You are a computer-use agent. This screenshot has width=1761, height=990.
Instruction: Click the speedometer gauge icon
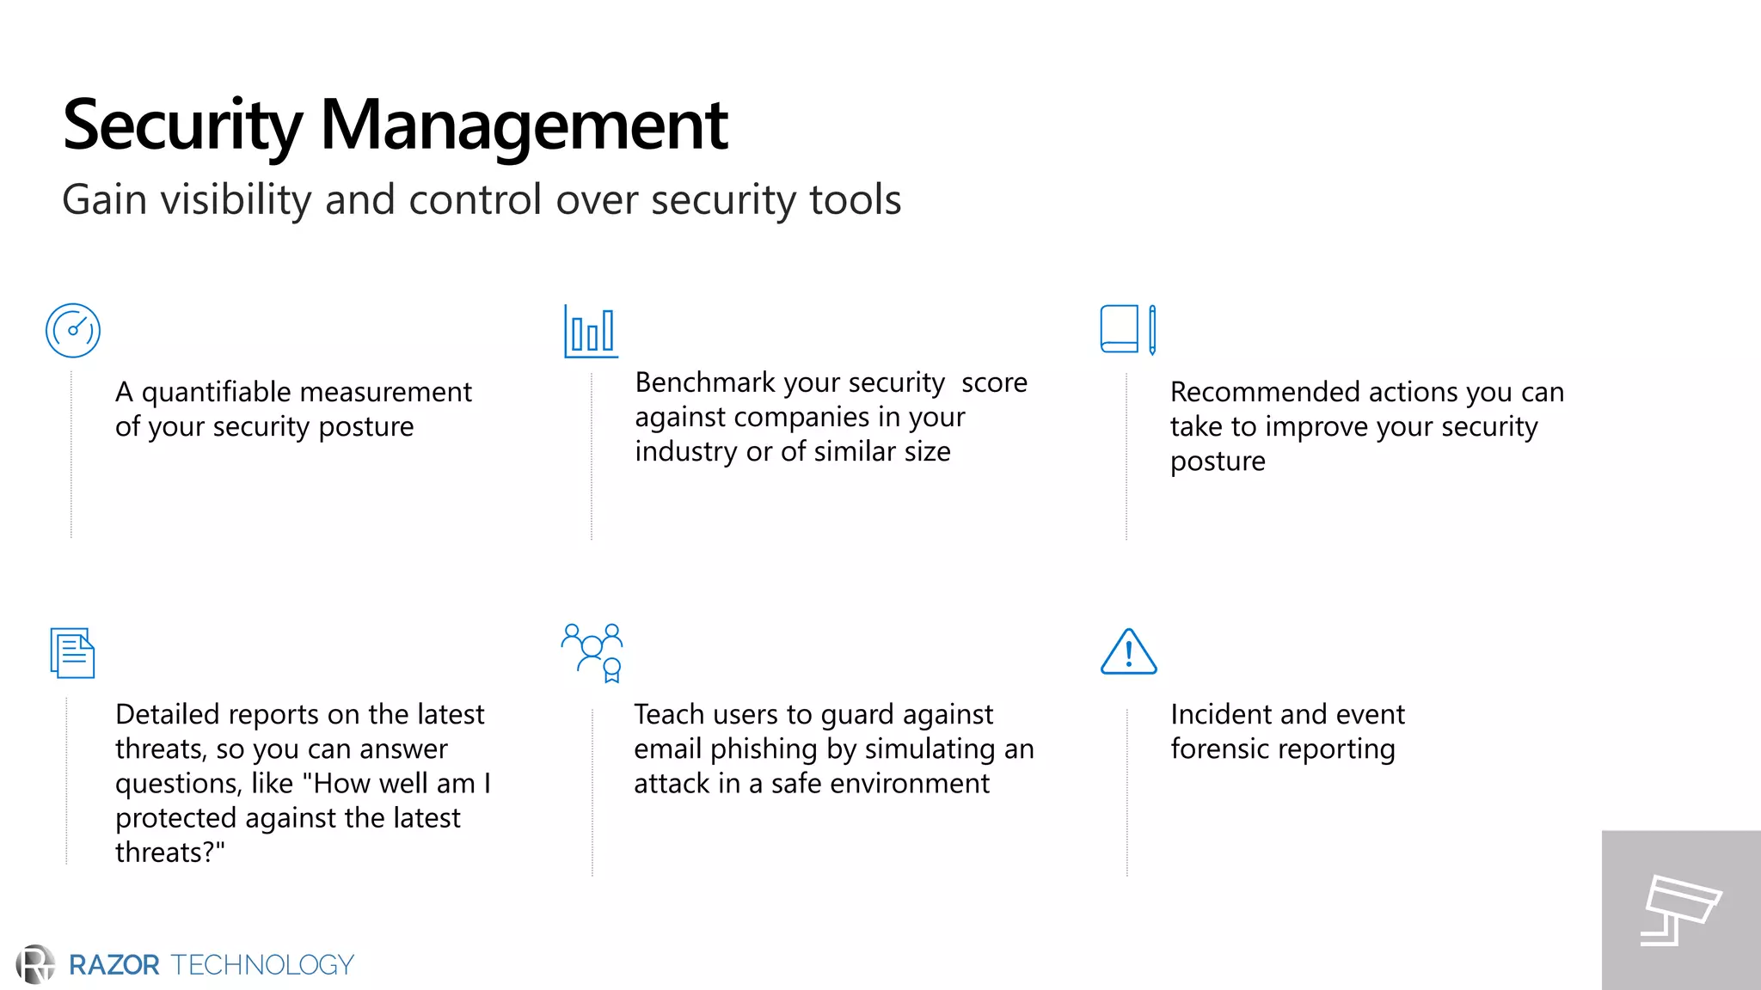click(x=73, y=330)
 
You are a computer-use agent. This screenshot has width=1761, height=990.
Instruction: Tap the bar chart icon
click(x=591, y=331)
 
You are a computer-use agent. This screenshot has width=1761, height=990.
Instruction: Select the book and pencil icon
click(x=1128, y=329)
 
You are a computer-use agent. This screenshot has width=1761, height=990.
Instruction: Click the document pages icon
click(x=72, y=652)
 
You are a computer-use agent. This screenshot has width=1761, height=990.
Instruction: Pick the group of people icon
click(x=592, y=652)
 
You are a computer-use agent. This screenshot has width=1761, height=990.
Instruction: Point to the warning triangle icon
click(x=1128, y=651)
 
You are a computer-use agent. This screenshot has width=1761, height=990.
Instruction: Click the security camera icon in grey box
click(x=1680, y=910)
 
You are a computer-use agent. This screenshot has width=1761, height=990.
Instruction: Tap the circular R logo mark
click(x=35, y=964)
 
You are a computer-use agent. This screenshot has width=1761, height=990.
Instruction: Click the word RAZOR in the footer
click(x=114, y=965)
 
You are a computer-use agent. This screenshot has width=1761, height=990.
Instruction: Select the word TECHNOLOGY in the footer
click(x=262, y=965)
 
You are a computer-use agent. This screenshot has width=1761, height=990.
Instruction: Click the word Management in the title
click(x=524, y=125)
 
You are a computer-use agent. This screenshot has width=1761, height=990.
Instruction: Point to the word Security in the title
click(x=182, y=125)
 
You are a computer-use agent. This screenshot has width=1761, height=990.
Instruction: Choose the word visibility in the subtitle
click(x=235, y=199)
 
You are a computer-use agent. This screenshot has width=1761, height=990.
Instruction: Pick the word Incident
click(x=1219, y=714)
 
